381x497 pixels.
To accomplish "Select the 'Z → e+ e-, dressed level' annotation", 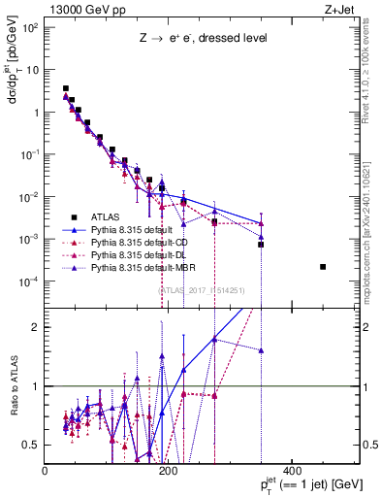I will (202, 39).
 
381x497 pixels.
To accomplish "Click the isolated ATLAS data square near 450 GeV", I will (323, 267).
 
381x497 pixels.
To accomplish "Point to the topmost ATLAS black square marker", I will (66, 88).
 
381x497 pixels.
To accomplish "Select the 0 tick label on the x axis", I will (46, 471).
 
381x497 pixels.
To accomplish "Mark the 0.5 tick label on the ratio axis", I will (33, 445).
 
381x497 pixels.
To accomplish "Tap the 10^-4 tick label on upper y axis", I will (29, 282).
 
